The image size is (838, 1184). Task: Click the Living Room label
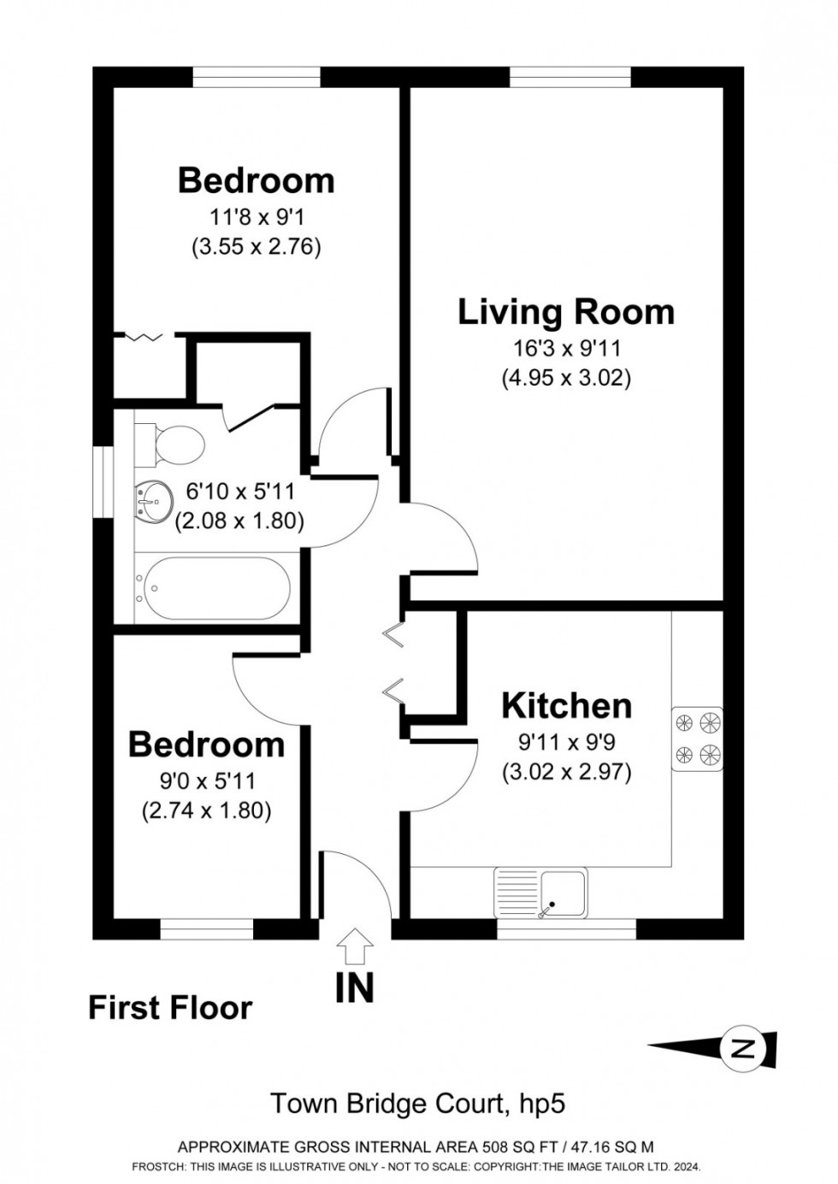(566, 312)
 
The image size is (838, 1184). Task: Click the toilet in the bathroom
(169, 445)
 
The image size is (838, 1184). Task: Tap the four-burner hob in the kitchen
(698, 738)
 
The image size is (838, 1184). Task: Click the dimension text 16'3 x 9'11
(566, 348)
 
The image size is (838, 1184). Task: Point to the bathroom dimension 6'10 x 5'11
(239, 492)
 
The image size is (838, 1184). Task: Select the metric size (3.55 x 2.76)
(257, 246)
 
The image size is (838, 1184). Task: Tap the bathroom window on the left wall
(103, 481)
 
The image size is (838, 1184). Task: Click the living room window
(570, 77)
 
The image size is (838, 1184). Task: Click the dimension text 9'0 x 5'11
(207, 780)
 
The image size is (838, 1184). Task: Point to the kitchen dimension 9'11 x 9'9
(566, 742)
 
